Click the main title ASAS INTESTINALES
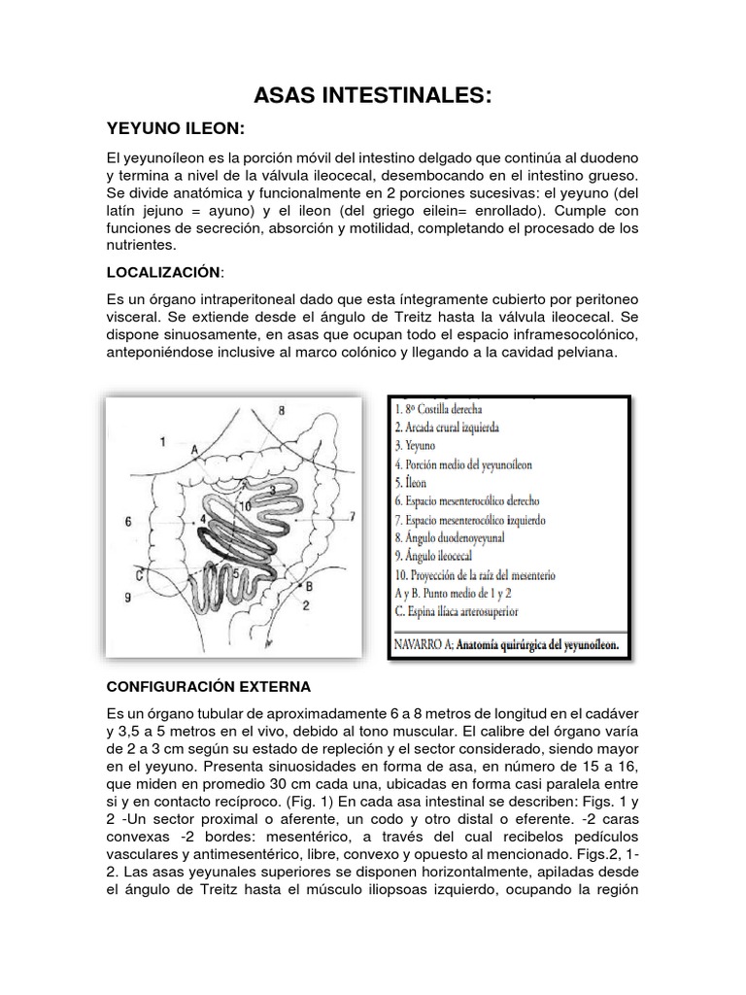(372, 95)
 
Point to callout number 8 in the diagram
(281, 411)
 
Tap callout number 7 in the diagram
(353, 514)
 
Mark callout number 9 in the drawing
(127, 597)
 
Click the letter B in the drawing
(309, 586)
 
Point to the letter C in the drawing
(140, 574)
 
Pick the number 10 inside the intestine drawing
(247, 504)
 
